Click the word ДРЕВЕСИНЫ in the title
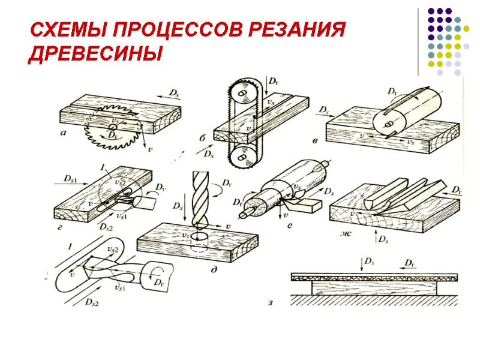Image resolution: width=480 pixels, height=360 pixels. pyautogui.click(x=96, y=54)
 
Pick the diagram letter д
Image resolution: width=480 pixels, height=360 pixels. pyautogui.click(x=213, y=270)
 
